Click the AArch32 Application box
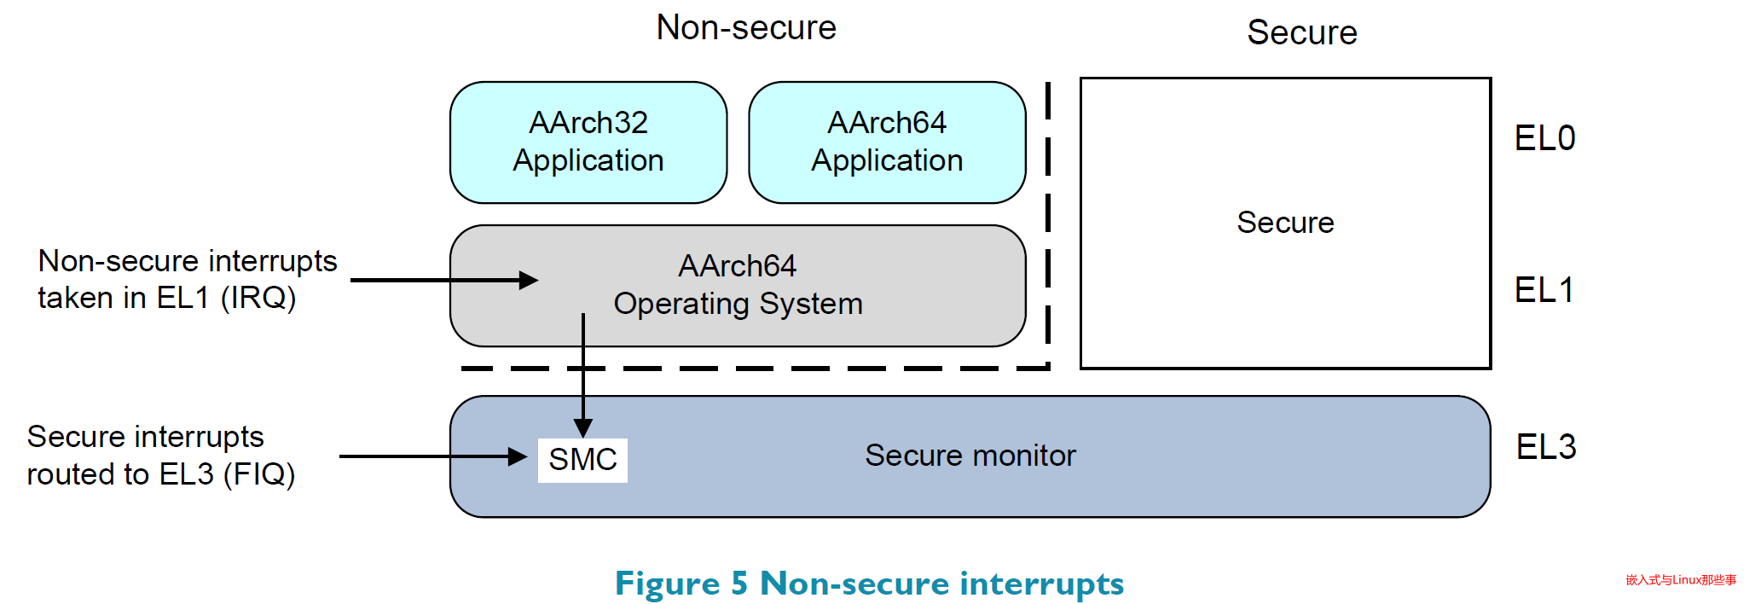click(588, 142)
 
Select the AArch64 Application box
click(887, 142)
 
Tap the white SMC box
click(582, 460)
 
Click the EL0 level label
click(1544, 138)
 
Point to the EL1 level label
click(1544, 290)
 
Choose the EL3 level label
click(1545, 447)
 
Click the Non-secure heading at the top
click(746, 28)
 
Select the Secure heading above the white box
click(1301, 32)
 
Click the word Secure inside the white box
click(1285, 223)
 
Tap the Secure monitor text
click(970, 456)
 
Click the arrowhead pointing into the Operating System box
click(530, 280)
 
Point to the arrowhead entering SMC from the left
click(518, 456)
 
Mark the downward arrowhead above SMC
click(583, 427)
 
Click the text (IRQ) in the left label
click(258, 298)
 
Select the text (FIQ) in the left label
click(259, 474)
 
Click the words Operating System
click(738, 304)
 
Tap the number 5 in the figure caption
click(739, 584)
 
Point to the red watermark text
click(1681, 580)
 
